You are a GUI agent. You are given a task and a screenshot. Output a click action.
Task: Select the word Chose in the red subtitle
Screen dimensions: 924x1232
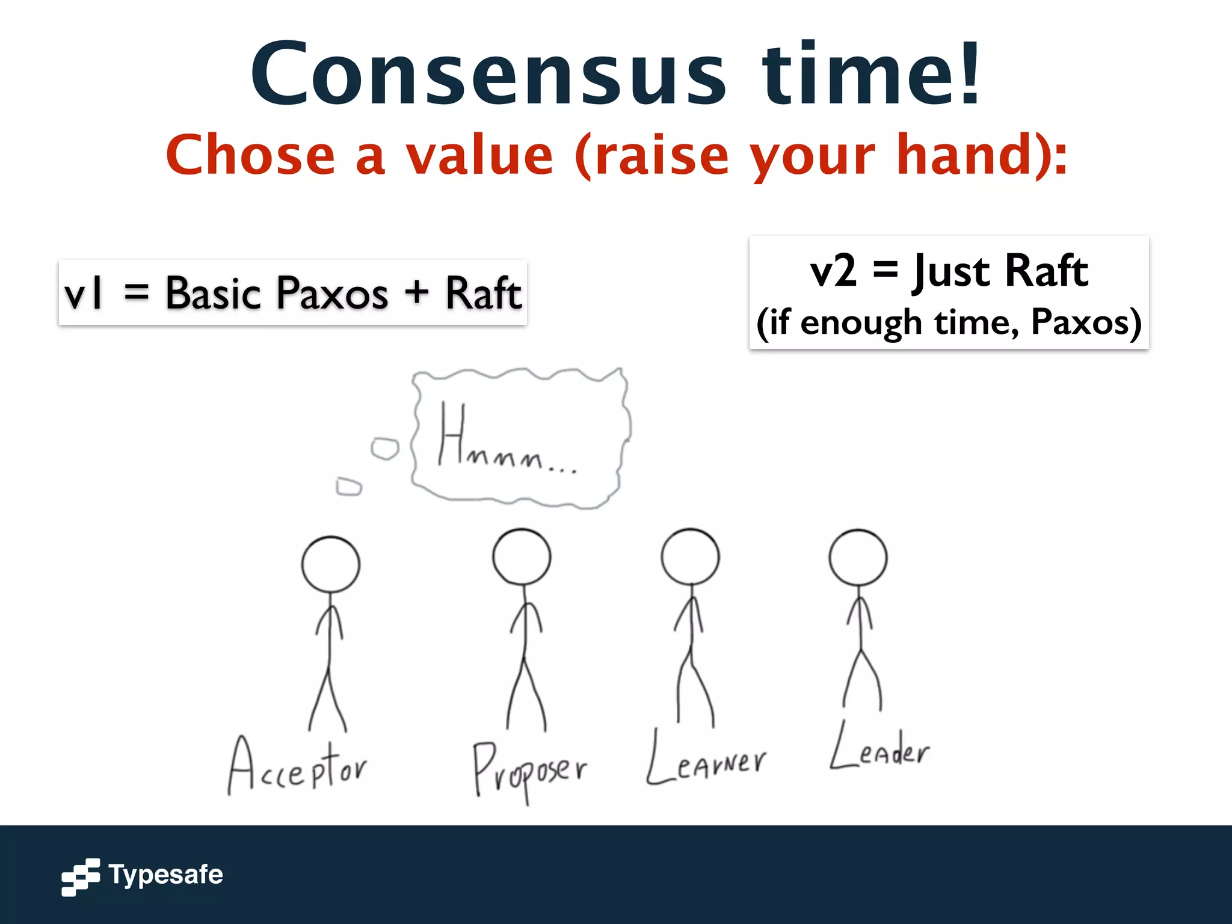point(250,155)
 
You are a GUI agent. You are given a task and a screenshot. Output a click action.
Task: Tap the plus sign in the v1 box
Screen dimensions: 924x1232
point(416,293)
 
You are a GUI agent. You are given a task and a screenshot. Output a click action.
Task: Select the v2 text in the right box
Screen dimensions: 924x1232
point(833,271)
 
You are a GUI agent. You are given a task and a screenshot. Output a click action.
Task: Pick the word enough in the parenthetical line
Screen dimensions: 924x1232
point(861,322)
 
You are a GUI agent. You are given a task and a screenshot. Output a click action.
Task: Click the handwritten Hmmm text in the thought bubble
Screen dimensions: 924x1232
point(505,439)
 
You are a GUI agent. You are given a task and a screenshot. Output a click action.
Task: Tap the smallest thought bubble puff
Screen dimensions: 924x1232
point(349,486)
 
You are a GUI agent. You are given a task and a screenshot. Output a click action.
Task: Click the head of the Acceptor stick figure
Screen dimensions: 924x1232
point(330,565)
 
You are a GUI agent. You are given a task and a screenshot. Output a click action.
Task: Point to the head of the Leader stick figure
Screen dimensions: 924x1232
point(858,557)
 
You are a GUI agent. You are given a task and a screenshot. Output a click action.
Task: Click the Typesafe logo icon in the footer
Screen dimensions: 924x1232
point(81,877)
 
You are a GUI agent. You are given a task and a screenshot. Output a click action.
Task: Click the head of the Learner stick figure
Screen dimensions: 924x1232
point(690,556)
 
